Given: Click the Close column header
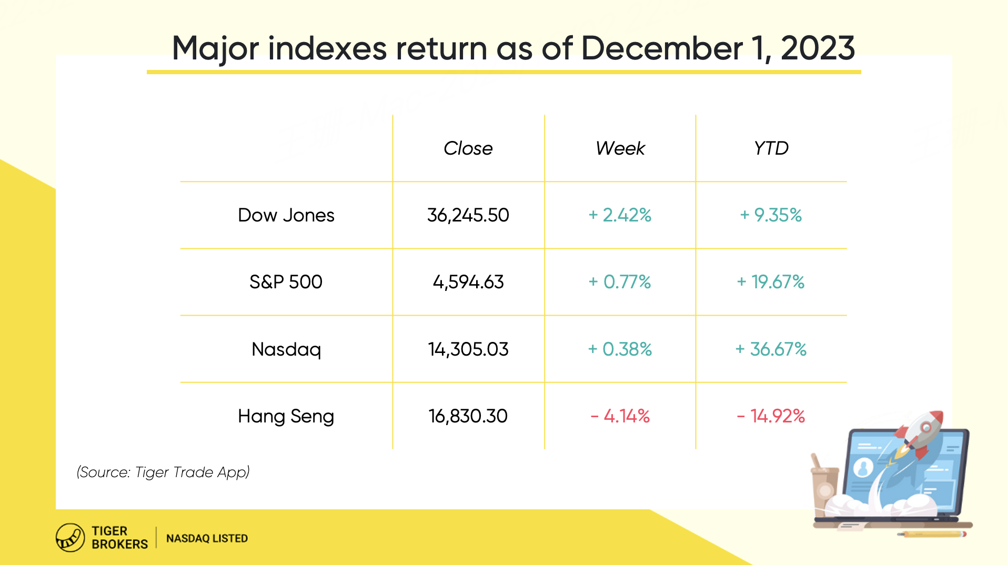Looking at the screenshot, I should pos(468,148).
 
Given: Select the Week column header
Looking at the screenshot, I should pos(620,148).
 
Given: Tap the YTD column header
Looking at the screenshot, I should pos(771,148).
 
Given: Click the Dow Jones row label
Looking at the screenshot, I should pos(286,215).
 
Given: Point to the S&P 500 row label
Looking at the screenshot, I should pos(286,282).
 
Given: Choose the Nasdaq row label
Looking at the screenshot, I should pos(286,349).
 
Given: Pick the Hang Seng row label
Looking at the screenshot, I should pos(286,416).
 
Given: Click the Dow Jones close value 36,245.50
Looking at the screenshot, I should pos(468,215).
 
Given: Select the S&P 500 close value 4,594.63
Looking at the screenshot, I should pos(468,282).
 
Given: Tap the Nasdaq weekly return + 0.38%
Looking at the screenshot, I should pos(620,349).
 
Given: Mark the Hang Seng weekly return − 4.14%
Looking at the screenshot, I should pos(620,416).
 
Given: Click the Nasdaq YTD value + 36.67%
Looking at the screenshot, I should pos(771,349).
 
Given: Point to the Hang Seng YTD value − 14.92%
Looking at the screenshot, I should pos(771,416).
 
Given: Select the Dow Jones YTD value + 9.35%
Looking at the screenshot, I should pos(771,215).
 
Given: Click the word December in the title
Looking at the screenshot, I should pos(661,48).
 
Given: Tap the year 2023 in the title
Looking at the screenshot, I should pos(818,48).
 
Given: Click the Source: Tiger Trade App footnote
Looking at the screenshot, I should pos(163,472).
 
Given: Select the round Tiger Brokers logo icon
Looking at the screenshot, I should pos(70,538).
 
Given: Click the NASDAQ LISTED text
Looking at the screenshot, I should pos(207,538).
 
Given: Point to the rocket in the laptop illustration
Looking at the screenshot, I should pos(918,434).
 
